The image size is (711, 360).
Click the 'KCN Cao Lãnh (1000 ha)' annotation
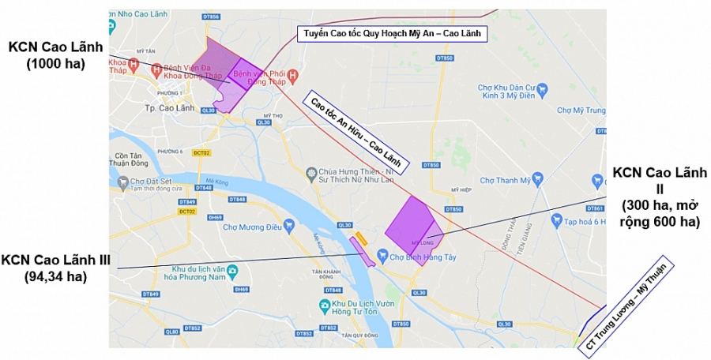click(55, 54)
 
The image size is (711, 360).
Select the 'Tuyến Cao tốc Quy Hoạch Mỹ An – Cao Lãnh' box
click(388, 34)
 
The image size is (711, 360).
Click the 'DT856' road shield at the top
click(210, 15)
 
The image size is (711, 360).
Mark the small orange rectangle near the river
click(361, 238)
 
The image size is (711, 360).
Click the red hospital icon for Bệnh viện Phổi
click(293, 76)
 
